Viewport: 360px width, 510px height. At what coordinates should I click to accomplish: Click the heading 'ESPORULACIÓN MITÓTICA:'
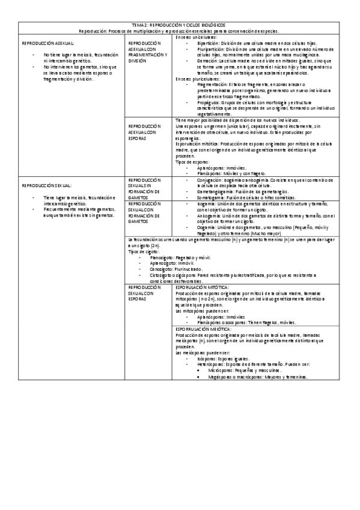point(202,287)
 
